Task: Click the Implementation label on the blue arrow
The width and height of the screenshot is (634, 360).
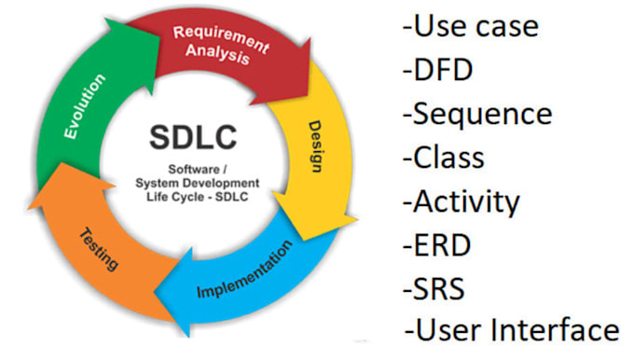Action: pyautogui.click(x=244, y=269)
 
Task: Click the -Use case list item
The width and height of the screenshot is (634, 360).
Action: pyautogui.click(x=470, y=25)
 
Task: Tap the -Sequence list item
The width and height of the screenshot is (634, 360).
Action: pyautogui.click(x=476, y=114)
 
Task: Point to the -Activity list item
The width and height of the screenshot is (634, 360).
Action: pyautogui.click(x=461, y=201)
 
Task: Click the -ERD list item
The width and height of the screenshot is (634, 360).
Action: pyautogui.click(x=439, y=243)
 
